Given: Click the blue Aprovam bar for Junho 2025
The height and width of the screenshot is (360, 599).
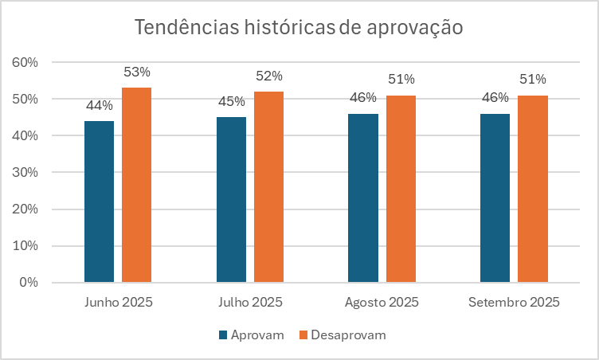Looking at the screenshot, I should click(x=99, y=202).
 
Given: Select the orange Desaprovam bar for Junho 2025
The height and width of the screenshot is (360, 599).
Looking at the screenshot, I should click(x=136, y=185).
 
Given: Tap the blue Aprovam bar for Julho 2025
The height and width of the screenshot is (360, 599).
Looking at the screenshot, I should click(x=231, y=199).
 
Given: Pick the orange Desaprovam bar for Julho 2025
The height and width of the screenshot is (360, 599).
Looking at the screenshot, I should click(x=268, y=186).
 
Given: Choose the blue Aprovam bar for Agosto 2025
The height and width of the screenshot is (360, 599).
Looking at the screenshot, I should click(x=363, y=198).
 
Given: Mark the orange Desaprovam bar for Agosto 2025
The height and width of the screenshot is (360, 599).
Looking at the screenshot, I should click(x=401, y=189).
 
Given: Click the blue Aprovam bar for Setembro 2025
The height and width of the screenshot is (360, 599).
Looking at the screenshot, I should click(x=495, y=198).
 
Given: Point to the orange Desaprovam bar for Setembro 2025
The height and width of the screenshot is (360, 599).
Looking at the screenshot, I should click(x=533, y=189).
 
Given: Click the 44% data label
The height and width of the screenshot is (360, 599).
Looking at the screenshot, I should click(x=99, y=105).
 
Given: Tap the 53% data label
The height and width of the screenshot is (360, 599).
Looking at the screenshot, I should click(x=136, y=72).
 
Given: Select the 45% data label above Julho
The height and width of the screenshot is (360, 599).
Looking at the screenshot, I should click(x=231, y=101).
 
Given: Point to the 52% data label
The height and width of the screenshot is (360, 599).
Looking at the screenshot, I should click(x=268, y=76).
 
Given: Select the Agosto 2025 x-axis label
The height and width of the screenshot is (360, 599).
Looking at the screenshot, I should click(x=382, y=303).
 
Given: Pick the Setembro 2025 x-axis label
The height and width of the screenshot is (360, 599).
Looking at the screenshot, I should click(x=514, y=303).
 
